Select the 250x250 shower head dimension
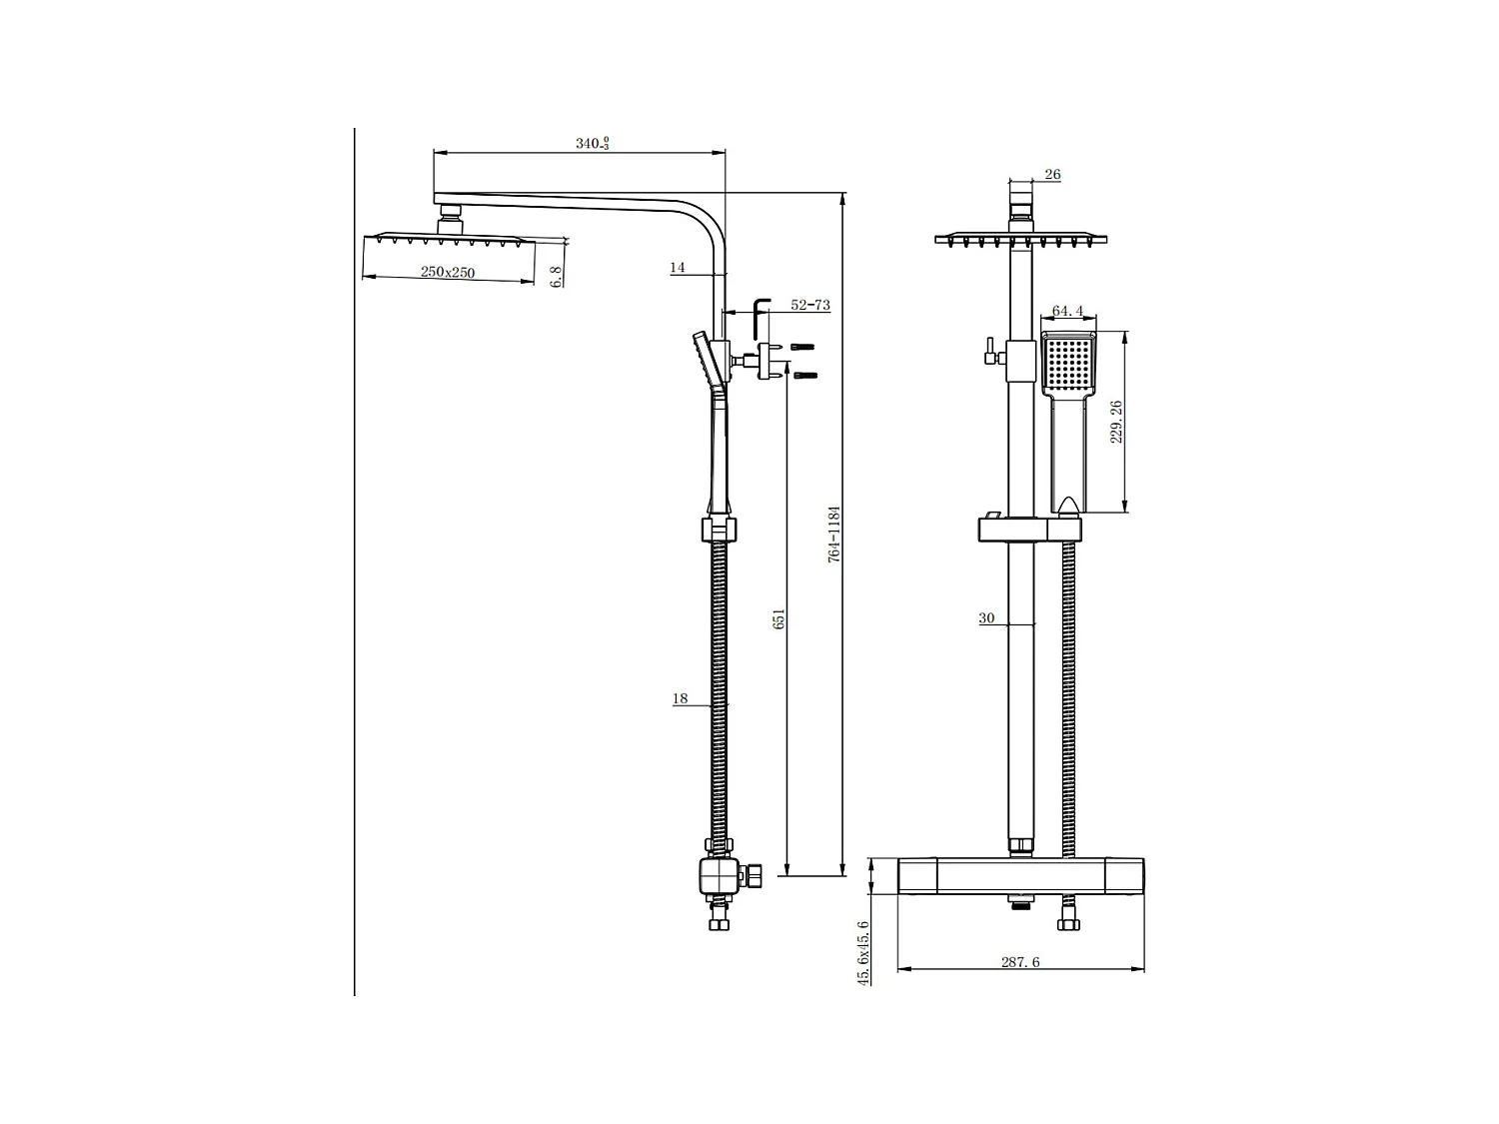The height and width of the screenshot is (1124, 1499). click(447, 272)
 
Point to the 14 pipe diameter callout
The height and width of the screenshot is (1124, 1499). click(678, 267)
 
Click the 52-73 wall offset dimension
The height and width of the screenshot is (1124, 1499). click(809, 305)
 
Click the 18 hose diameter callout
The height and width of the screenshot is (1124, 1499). click(680, 698)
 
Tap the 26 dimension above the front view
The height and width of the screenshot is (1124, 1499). click(1052, 175)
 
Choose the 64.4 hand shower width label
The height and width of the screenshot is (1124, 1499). click(1067, 312)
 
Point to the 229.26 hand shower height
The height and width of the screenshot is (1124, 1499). click(1117, 422)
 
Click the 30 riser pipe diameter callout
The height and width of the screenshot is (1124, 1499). click(986, 618)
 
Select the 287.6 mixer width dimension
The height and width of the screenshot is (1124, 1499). click(1020, 962)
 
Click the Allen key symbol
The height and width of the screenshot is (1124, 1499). click(760, 316)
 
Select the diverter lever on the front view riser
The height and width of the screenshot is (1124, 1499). click(990, 352)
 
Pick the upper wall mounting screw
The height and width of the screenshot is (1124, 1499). click(802, 347)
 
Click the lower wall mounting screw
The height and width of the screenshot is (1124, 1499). click(805, 376)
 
